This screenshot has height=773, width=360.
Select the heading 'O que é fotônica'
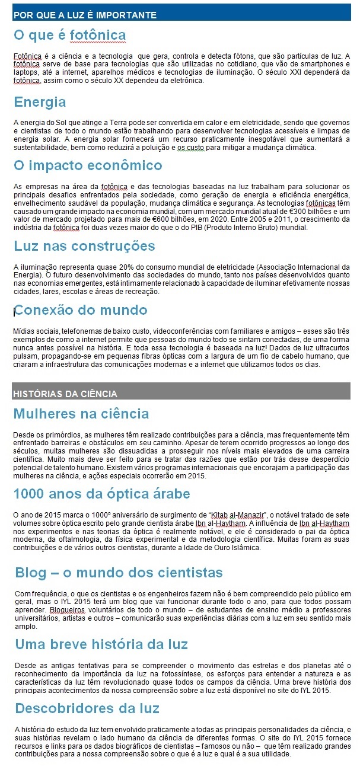69,35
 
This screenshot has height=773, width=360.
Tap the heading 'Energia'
40,102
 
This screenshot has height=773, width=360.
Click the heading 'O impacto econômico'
88,165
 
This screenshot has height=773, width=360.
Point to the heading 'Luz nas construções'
84,245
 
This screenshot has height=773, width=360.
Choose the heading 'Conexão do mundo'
81,310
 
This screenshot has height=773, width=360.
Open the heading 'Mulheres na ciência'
81,413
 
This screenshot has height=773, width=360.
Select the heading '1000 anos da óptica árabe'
101,494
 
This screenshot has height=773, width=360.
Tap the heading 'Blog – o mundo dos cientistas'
119,573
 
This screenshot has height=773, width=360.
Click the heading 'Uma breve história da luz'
101,644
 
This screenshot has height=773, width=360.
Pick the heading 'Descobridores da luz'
87,708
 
